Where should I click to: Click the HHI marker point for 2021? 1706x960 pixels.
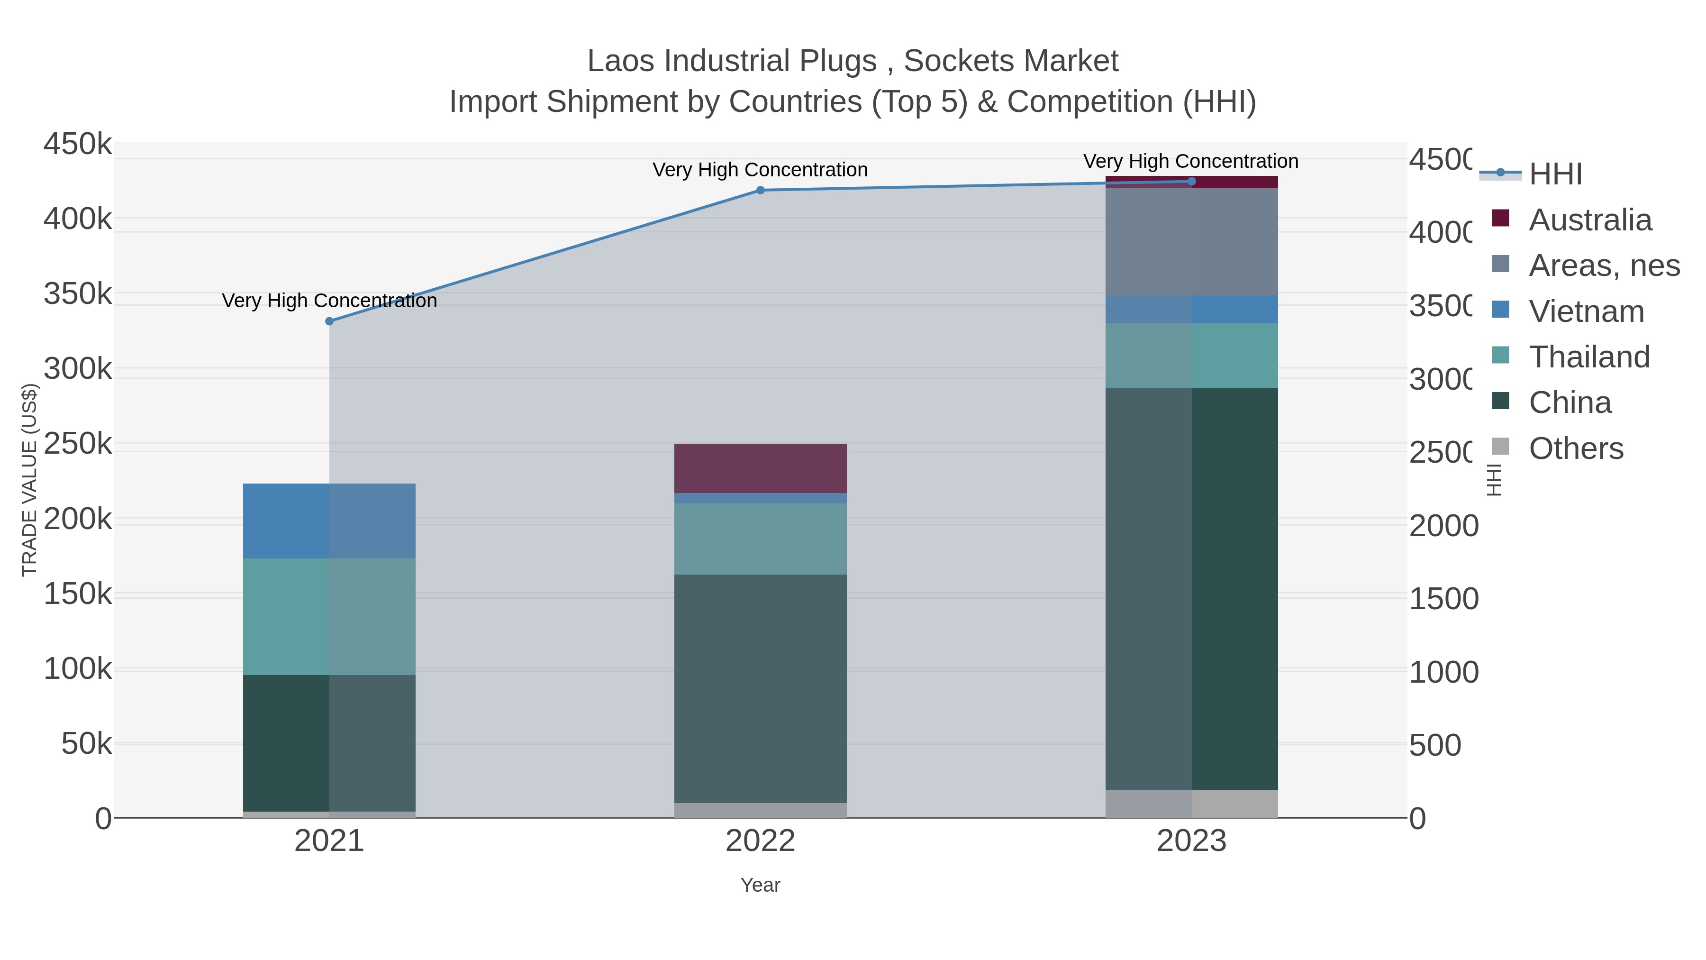pyautogui.click(x=329, y=321)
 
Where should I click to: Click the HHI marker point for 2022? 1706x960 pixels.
pyautogui.click(x=760, y=190)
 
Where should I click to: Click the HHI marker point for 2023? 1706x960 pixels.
pyautogui.click(x=1191, y=182)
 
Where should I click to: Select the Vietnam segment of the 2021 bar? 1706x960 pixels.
pyautogui.click(x=329, y=521)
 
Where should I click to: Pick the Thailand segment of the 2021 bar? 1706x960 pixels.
pyautogui.click(x=329, y=616)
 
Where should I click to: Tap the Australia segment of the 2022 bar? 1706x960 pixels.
pyautogui.click(x=760, y=468)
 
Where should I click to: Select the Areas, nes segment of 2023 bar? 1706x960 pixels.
pyautogui.click(x=1191, y=242)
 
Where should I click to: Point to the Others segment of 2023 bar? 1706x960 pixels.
pyautogui.click(x=1191, y=803)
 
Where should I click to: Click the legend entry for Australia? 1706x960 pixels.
pyautogui.click(x=1589, y=220)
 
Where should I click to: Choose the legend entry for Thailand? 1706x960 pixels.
pyautogui.click(x=1589, y=357)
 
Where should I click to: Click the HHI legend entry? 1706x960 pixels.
pyautogui.click(x=1555, y=174)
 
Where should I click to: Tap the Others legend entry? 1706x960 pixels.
pyautogui.click(x=1576, y=448)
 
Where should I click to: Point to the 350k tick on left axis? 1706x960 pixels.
pyautogui.click(x=78, y=293)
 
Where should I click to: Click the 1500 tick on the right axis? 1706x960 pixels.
pyautogui.click(x=1443, y=599)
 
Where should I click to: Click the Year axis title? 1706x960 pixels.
pyautogui.click(x=760, y=885)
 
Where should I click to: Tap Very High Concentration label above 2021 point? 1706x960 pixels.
pyautogui.click(x=329, y=301)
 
